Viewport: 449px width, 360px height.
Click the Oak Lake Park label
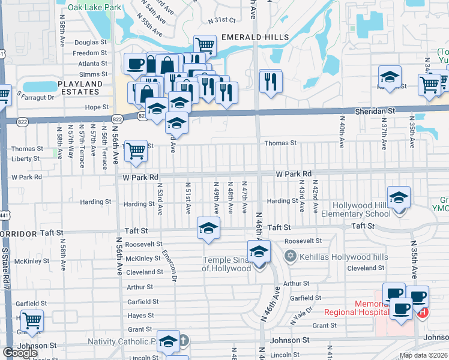pyautogui.click(x=94, y=8)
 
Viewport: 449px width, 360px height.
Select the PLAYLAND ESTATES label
pyautogui.click(x=79, y=88)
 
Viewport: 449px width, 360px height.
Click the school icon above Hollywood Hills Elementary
pyautogui.click(x=399, y=197)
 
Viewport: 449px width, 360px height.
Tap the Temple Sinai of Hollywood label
pyautogui.click(x=226, y=264)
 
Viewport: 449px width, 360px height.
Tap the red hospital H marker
pyautogui.click(x=423, y=312)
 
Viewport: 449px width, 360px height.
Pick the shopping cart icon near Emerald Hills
pyautogui.click(x=205, y=45)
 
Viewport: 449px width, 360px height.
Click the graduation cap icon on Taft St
pyautogui.click(x=208, y=229)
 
